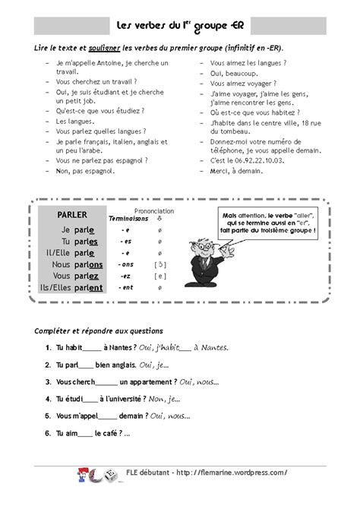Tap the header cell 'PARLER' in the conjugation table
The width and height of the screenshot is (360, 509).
[72, 215]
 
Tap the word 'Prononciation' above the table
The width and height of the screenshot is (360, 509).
[154, 210]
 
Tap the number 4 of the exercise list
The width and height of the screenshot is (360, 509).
[48, 398]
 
